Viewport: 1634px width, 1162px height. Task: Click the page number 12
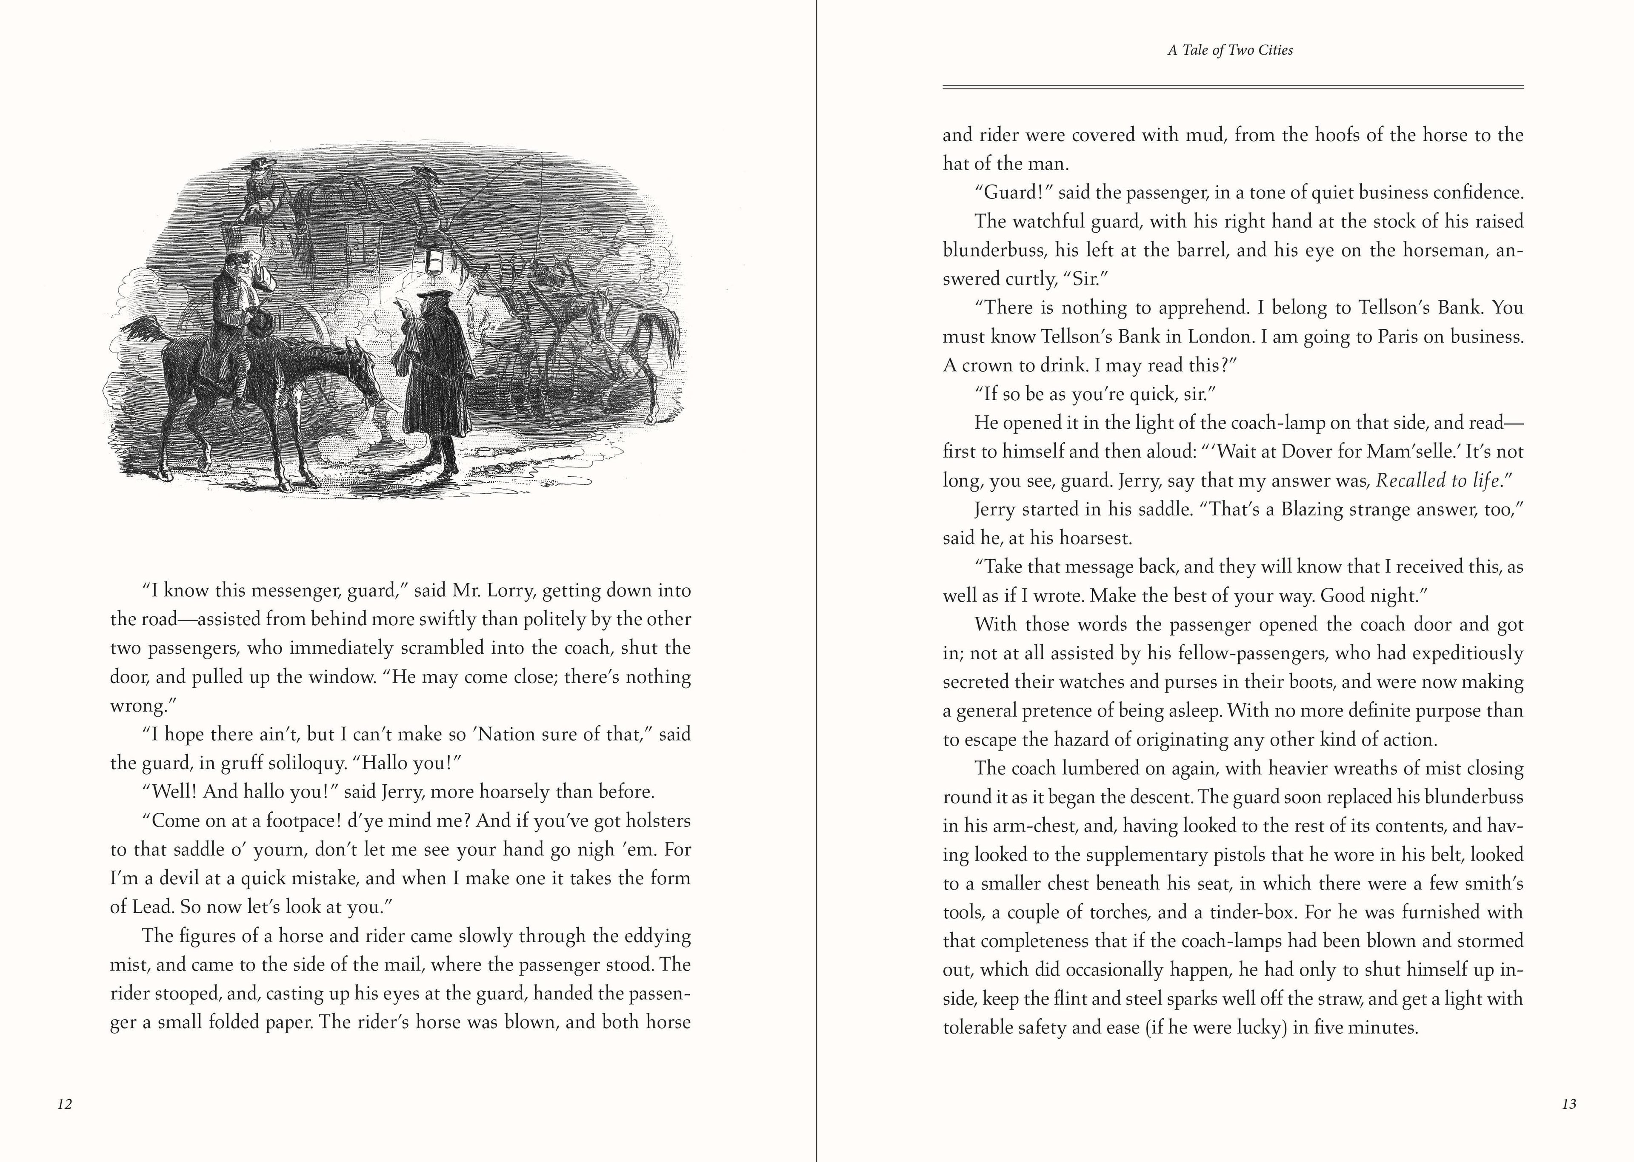(64, 1104)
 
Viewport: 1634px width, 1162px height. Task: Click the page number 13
(1569, 1104)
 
